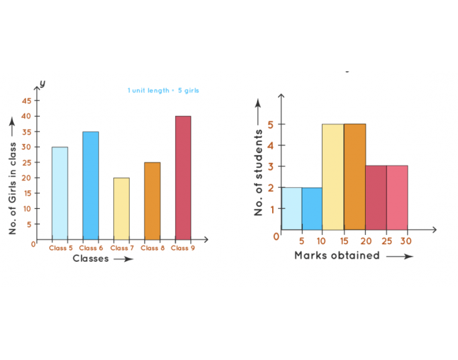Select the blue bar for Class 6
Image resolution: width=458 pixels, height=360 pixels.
click(x=90, y=185)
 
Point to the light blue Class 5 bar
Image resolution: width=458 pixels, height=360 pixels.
click(x=60, y=193)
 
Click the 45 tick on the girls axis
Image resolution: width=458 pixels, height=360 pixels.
click(x=26, y=101)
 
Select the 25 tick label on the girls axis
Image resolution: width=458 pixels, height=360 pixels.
click(x=26, y=162)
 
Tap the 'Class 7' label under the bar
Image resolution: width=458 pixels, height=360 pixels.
click(x=121, y=248)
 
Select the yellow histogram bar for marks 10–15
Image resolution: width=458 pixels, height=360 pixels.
click(x=333, y=177)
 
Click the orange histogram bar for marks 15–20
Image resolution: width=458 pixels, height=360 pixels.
click(x=355, y=177)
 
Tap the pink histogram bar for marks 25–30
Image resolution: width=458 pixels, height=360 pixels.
click(x=397, y=198)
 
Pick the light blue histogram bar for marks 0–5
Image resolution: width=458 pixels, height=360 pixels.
click(x=292, y=208)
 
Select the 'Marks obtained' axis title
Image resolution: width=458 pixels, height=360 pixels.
click(x=337, y=256)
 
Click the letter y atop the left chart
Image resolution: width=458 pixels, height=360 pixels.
click(x=42, y=84)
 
